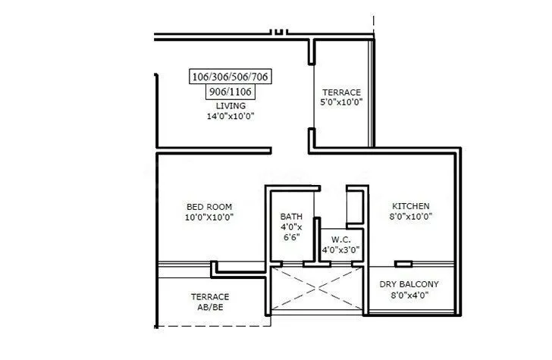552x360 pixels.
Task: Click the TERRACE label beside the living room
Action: click(342, 91)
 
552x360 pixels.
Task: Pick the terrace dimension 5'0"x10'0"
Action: click(342, 102)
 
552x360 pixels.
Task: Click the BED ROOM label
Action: click(209, 206)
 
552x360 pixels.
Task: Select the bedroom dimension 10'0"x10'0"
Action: click(209, 217)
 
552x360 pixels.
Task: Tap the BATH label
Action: click(291, 216)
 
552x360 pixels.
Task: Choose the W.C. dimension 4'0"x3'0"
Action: click(340, 249)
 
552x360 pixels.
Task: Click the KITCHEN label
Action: click(411, 206)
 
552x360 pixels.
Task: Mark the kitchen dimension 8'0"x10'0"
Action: click(411, 217)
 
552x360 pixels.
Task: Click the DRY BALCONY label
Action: click(409, 284)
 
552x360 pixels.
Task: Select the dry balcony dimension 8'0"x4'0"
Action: click(409, 296)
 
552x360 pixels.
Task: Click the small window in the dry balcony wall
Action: click(403, 263)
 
